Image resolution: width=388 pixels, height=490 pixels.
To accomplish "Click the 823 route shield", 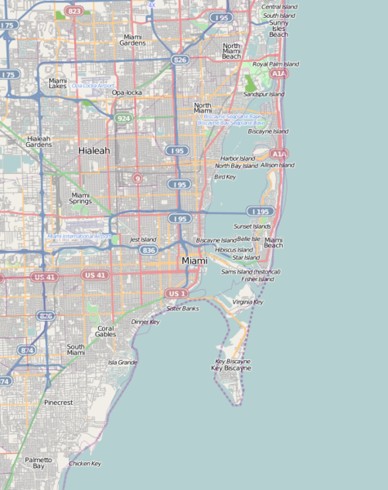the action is tap(74, 11).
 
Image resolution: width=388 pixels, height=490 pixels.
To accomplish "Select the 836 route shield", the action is tap(148, 250).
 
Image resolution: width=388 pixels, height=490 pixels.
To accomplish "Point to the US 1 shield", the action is tap(176, 293).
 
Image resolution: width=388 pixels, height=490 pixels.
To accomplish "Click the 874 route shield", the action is tap(27, 350).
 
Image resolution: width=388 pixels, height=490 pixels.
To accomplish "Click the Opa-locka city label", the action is tap(127, 92).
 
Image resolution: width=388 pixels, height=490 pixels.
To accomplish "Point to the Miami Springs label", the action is tap(80, 198).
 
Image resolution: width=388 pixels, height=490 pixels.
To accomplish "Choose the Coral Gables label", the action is tap(105, 332).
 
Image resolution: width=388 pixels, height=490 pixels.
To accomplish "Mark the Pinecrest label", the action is tap(59, 403).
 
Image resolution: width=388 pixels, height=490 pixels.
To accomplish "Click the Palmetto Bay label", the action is tap(38, 463).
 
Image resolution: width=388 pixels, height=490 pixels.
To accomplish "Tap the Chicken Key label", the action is tap(85, 463).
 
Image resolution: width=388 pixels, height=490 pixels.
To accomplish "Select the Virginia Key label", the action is tap(248, 301).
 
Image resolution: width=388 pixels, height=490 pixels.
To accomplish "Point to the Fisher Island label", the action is tap(257, 278).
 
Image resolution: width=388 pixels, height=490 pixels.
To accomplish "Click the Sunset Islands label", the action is tap(252, 225).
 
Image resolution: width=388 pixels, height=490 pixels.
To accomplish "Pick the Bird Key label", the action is tap(225, 176).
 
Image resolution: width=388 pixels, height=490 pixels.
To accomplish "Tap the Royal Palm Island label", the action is tap(275, 64).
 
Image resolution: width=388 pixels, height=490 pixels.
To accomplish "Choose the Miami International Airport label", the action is tap(79, 236).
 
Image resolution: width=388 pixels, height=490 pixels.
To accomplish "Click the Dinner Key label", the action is tap(145, 322).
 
